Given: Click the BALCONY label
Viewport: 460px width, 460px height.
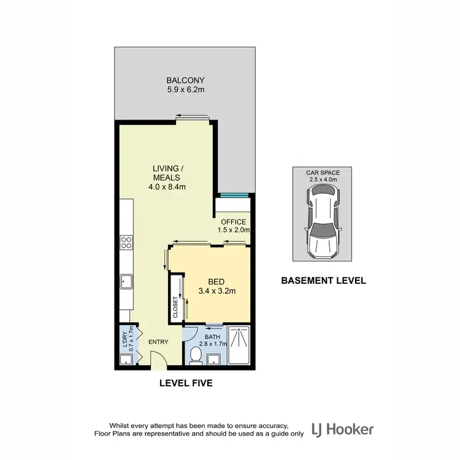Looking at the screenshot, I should (185, 80).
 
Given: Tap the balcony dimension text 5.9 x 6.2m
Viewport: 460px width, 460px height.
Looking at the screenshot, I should (185, 90).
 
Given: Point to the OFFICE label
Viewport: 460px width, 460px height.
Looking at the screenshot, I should (233, 222).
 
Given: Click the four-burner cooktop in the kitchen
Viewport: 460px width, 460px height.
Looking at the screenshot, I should (126, 242).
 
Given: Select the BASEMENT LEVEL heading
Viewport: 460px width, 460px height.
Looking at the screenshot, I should (323, 281).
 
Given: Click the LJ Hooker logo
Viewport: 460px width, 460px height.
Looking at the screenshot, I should (342, 429).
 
